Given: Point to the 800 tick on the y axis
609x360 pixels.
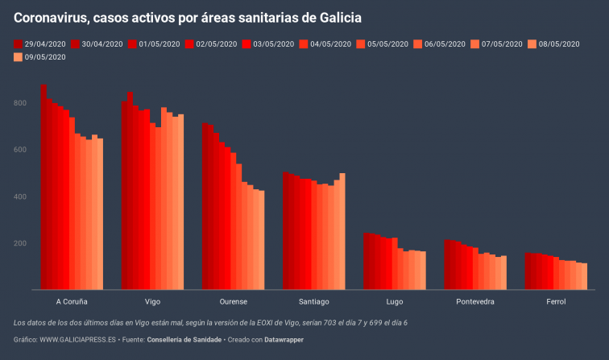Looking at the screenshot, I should pyautogui.click(x=21, y=103).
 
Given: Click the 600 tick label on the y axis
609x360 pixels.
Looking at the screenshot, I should pyautogui.click(x=21, y=150).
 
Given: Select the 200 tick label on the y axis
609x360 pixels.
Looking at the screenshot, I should pyautogui.click(x=21, y=243).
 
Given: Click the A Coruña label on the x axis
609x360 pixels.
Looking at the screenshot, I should pyautogui.click(x=72, y=301).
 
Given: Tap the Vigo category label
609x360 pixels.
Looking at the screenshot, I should pyautogui.click(x=152, y=301).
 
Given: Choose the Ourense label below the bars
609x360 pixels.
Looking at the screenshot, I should pyautogui.click(x=233, y=301).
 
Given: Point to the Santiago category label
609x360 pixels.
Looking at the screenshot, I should pyautogui.click(x=313, y=301).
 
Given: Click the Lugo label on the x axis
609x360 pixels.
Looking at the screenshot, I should pyautogui.click(x=395, y=301).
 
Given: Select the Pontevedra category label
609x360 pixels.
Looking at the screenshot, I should pyautogui.click(x=475, y=301).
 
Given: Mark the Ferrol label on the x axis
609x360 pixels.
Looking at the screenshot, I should pyautogui.click(x=556, y=301).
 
